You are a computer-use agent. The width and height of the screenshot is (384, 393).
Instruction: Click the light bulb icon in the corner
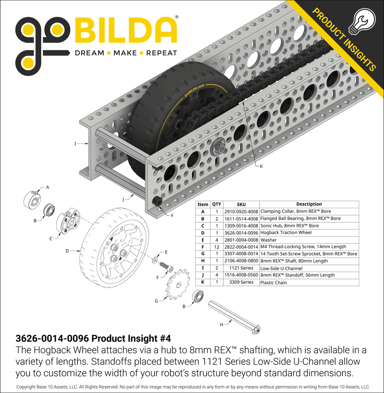(360, 22)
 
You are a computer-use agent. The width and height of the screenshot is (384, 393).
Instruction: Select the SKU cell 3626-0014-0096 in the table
(241, 233)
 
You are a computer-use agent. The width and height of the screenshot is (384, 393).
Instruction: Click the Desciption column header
(309, 204)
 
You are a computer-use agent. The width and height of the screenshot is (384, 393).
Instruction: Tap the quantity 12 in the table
(217, 247)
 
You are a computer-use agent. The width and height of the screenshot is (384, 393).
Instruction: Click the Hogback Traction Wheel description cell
(286, 233)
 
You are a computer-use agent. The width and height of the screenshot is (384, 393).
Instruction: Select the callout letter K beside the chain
(261, 166)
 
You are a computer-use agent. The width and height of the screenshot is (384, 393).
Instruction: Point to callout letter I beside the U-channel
(75, 144)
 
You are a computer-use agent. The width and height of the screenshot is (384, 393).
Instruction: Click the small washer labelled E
(155, 260)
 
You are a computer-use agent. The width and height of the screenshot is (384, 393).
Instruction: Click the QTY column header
(217, 204)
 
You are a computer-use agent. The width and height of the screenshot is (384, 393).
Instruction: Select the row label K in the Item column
(202, 282)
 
